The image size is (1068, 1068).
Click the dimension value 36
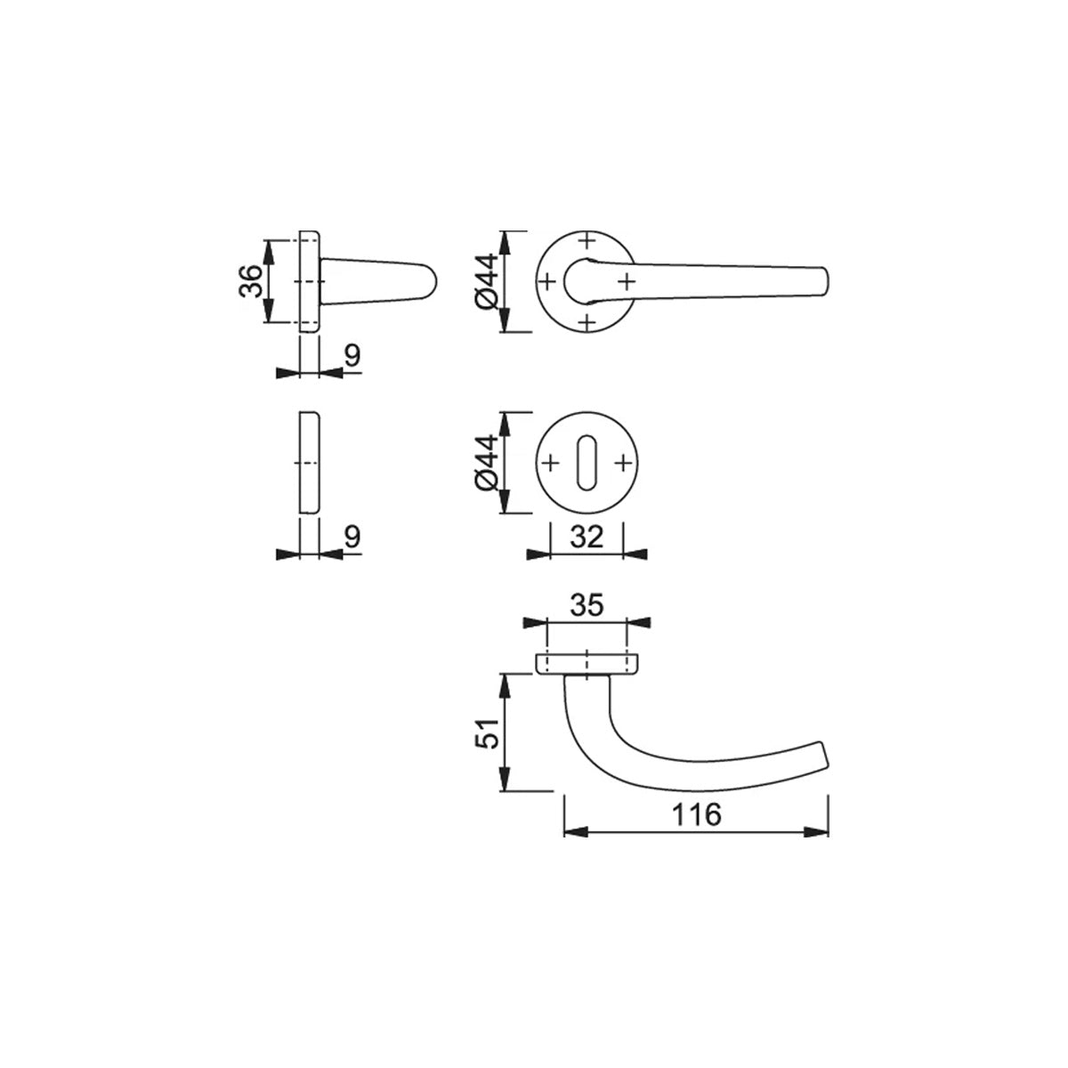click(250, 281)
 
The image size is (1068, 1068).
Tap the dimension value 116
click(697, 814)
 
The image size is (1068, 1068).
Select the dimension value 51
click(488, 733)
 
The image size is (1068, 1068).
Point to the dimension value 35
click(587, 605)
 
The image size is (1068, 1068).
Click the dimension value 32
click(587, 536)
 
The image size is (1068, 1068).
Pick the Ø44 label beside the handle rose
click(487, 281)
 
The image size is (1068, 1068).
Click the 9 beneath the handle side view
click(352, 355)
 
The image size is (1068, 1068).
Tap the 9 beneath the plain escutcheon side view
click(352, 536)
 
